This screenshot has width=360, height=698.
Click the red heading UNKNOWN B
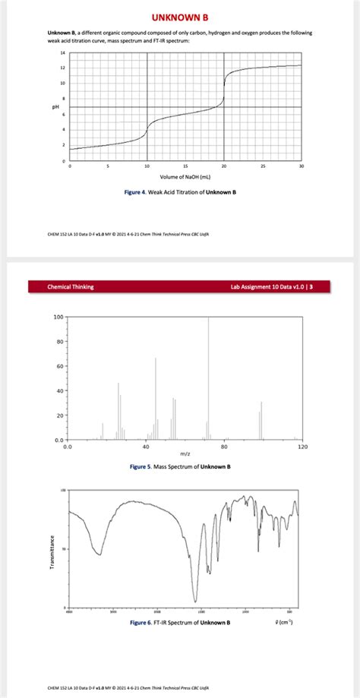(x=180, y=17)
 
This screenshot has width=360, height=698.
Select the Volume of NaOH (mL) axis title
(x=185, y=175)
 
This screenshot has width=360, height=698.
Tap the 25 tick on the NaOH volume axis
(x=263, y=166)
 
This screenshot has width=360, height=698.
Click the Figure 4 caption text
(x=181, y=192)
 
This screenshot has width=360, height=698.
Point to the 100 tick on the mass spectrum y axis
(x=58, y=317)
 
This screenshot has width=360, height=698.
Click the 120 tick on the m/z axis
(x=302, y=447)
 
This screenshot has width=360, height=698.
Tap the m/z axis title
(x=185, y=454)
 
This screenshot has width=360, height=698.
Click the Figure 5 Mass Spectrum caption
(x=181, y=466)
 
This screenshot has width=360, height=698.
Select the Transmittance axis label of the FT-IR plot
(x=52, y=550)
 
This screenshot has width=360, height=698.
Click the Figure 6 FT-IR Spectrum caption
(x=179, y=622)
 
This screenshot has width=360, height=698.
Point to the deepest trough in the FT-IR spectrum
(x=195, y=601)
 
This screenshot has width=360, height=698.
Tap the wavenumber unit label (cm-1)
(x=284, y=622)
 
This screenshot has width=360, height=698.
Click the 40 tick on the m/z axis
(x=145, y=447)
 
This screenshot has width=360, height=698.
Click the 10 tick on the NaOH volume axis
(x=147, y=166)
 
